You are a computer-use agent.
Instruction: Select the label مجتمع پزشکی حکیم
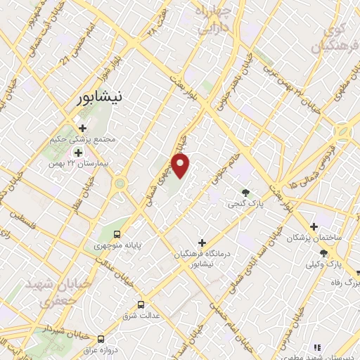[x=84, y=139]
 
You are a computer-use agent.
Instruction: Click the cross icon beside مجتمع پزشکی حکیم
[x=83, y=128]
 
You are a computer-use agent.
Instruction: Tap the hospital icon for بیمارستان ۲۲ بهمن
[x=78, y=152]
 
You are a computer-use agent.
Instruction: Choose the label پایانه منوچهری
[x=117, y=246]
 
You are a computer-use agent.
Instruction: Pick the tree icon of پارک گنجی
[x=245, y=193]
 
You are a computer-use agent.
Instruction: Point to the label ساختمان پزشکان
[x=314, y=238]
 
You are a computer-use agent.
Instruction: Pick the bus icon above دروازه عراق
[x=101, y=338]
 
